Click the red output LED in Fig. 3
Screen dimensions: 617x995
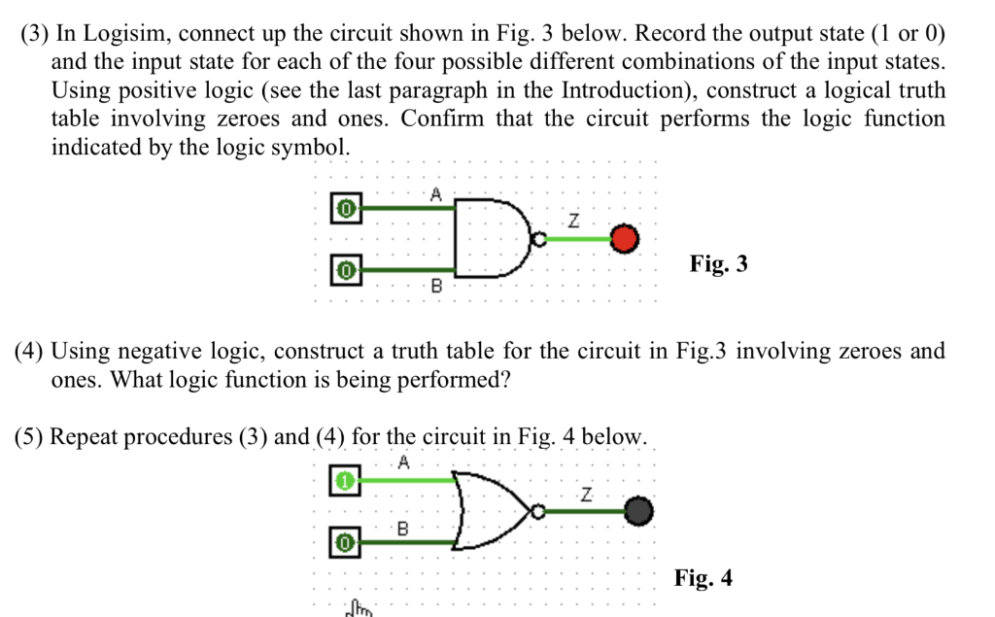626,238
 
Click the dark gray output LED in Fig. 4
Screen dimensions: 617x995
637,510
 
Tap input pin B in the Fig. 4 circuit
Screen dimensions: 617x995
343,540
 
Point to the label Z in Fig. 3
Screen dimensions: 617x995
573,222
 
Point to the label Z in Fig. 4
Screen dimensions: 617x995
585,496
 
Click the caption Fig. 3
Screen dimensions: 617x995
718,263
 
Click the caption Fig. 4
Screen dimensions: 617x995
703,579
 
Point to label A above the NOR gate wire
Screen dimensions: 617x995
404,463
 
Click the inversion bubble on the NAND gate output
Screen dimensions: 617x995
539,238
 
